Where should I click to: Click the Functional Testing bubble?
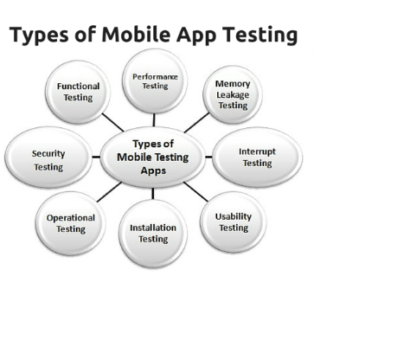[x=78, y=92]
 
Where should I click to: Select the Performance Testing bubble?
[x=155, y=81]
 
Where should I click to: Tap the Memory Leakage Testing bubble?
[x=233, y=94]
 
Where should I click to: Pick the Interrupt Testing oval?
[x=257, y=157]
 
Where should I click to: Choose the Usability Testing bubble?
[x=233, y=222]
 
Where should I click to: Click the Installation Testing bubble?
[x=153, y=234]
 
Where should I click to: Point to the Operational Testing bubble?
[x=71, y=223]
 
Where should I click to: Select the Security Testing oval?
[x=48, y=157]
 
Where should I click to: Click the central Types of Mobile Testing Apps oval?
[x=153, y=157]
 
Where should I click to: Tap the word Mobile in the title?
[x=136, y=35]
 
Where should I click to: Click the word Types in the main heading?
[x=39, y=35]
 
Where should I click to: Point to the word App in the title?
[x=195, y=35]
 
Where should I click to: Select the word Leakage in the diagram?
[x=233, y=94]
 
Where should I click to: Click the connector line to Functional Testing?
[x=112, y=122]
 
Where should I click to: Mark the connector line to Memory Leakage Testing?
[x=196, y=123]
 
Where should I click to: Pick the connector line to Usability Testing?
[x=195, y=192]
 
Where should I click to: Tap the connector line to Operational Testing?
[x=109, y=192]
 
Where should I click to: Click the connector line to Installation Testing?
[x=153, y=194]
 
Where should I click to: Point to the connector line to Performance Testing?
[x=154, y=120]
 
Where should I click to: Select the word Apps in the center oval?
[x=153, y=170]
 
